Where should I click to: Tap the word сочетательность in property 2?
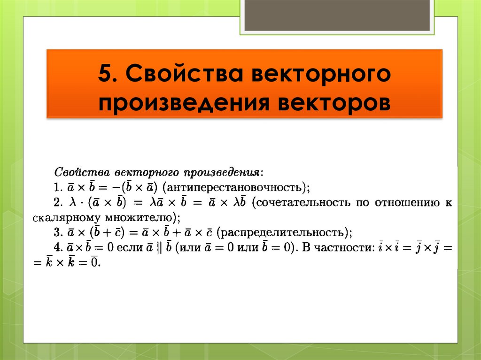point(305,203)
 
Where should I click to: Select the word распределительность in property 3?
point(283,233)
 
